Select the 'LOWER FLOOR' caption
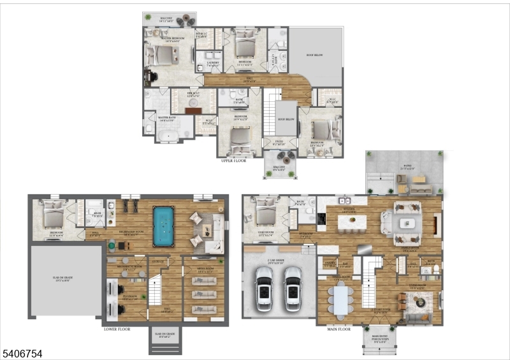pos(118,329)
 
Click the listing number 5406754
pos(22,352)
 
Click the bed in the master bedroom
pos(162,56)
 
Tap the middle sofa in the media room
pos(205,295)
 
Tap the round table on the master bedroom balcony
pos(180,22)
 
